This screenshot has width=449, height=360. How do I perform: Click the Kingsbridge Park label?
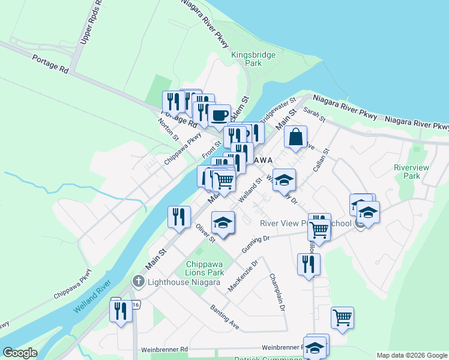click(x=253, y=59)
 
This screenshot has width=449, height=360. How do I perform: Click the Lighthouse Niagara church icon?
click(x=139, y=280)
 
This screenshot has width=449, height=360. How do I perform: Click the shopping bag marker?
click(x=296, y=137)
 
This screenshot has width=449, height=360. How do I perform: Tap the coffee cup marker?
click(x=219, y=115)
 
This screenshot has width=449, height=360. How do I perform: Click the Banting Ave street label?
click(x=224, y=317)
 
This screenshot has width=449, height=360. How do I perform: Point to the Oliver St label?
click(x=205, y=233)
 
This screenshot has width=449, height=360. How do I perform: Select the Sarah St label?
click(x=315, y=115)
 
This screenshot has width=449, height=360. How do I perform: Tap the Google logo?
click(x=20, y=353)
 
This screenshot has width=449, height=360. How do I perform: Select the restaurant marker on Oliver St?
click(x=179, y=217)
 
